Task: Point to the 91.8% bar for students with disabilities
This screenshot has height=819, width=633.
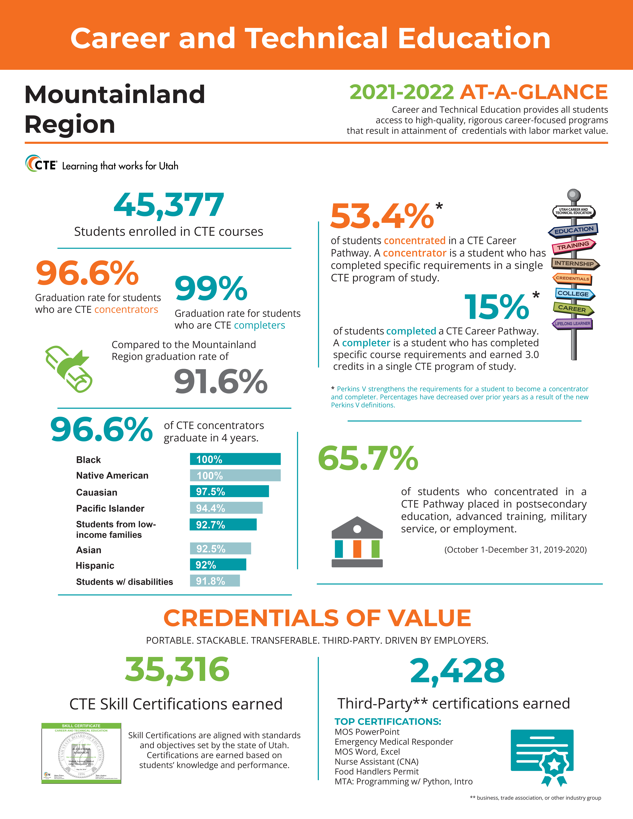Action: pyautogui.click(x=214, y=581)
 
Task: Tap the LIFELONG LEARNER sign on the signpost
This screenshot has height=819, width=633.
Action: pyautogui.click(x=572, y=324)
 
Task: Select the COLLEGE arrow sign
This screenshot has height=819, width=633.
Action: pyautogui.click(x=574, y=294)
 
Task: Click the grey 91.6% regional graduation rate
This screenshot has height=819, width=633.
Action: pyautogui.click(x=221, y=382)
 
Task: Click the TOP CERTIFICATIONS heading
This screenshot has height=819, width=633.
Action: pyautogui.click(x=388, y=721)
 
